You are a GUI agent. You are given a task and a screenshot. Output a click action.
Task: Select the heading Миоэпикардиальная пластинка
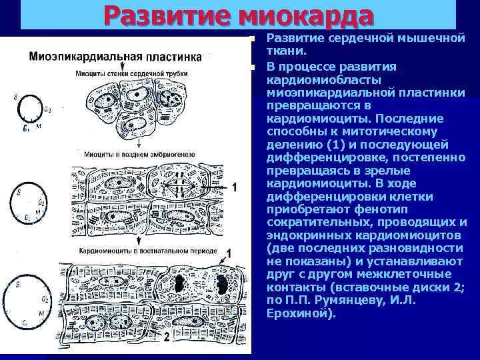[x=116, y=57]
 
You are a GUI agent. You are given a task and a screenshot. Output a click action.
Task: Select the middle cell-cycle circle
[x=29, y=203]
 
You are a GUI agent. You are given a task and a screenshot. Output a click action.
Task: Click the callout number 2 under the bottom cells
[x=166, y=337]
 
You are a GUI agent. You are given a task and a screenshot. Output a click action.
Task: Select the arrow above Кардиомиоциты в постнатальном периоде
[x=137, y=241]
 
